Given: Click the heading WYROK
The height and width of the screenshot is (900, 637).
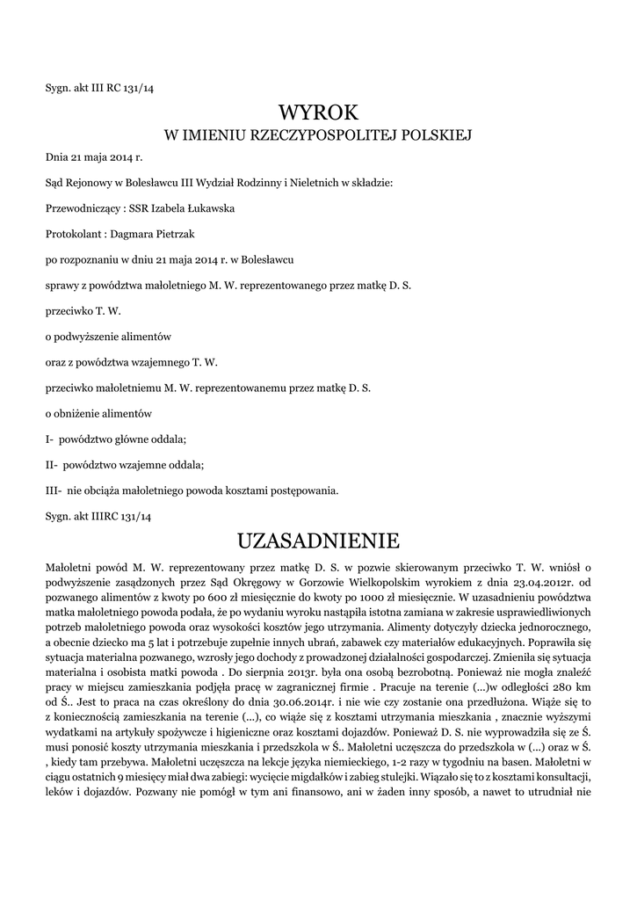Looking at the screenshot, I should [318, 112].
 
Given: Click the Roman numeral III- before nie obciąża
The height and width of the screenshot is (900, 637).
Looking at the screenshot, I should [53, 490].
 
